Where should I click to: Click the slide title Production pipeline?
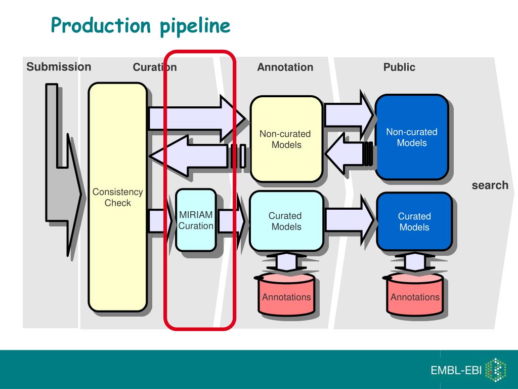click(x=141, y=26)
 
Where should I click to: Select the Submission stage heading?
click(x=59, y=67)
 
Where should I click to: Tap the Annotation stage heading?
click(x=285, y=67)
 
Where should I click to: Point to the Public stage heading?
click(x=399, y=67)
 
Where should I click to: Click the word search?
click(x=490, y=185)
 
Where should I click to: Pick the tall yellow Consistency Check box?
click(x=117, y=197)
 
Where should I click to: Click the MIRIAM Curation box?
click(x=196, y=220)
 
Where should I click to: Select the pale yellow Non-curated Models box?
click(x=286, y=139)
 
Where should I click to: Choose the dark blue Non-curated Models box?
click(x=412, y=137)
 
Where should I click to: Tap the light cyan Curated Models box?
click(x=286, y=221)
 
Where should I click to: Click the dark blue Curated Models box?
click(x=414, y=221)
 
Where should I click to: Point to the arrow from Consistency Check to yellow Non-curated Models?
click(x=197, y=118)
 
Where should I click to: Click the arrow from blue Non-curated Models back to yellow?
click(x=350, y=154)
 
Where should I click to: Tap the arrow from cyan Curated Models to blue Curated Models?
click(x=350, y=220)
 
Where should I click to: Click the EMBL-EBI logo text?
click(x=456, y=370)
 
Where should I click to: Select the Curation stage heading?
click(x=155, y=67)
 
